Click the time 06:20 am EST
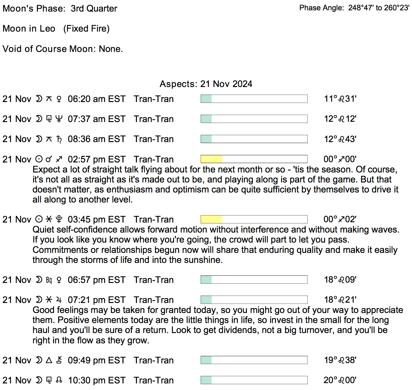pyautogui.click(x=96, y=99)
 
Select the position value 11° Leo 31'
pyautogui.click(x=340, y=99)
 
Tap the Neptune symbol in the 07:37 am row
pyautogui.click(x=59, y=119)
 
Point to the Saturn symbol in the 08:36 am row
pyautogui.click(x=59, y=139)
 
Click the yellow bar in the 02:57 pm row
pyautogui.click(x=211, y=159)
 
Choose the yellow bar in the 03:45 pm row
pyautogui.click(x=211, y=219)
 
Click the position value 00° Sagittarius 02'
pyautogui.click(x=340, y=219)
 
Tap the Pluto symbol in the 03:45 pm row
pyautogui.click(x=59, y=219)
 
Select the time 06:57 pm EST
pyautogui.click(x=96, y=280)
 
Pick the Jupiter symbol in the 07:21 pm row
pyautogui.click(x=59, y=300)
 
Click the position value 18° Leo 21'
pyautogui.click(x=340, y=300)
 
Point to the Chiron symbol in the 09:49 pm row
pyautogui.click(x=59, y=360)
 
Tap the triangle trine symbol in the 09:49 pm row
pyautogui.click(x=49, y=360)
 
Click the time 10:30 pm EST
pyautogui.click(x=97, y=380)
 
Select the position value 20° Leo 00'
pyautogui.click(x=340, y=380)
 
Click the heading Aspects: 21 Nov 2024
pyautogui.click(x=206, y=84)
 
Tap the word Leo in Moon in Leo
pyautogui.click(x=48, y=28)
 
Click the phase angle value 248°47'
pyautogui.click(x=361, y=8)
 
